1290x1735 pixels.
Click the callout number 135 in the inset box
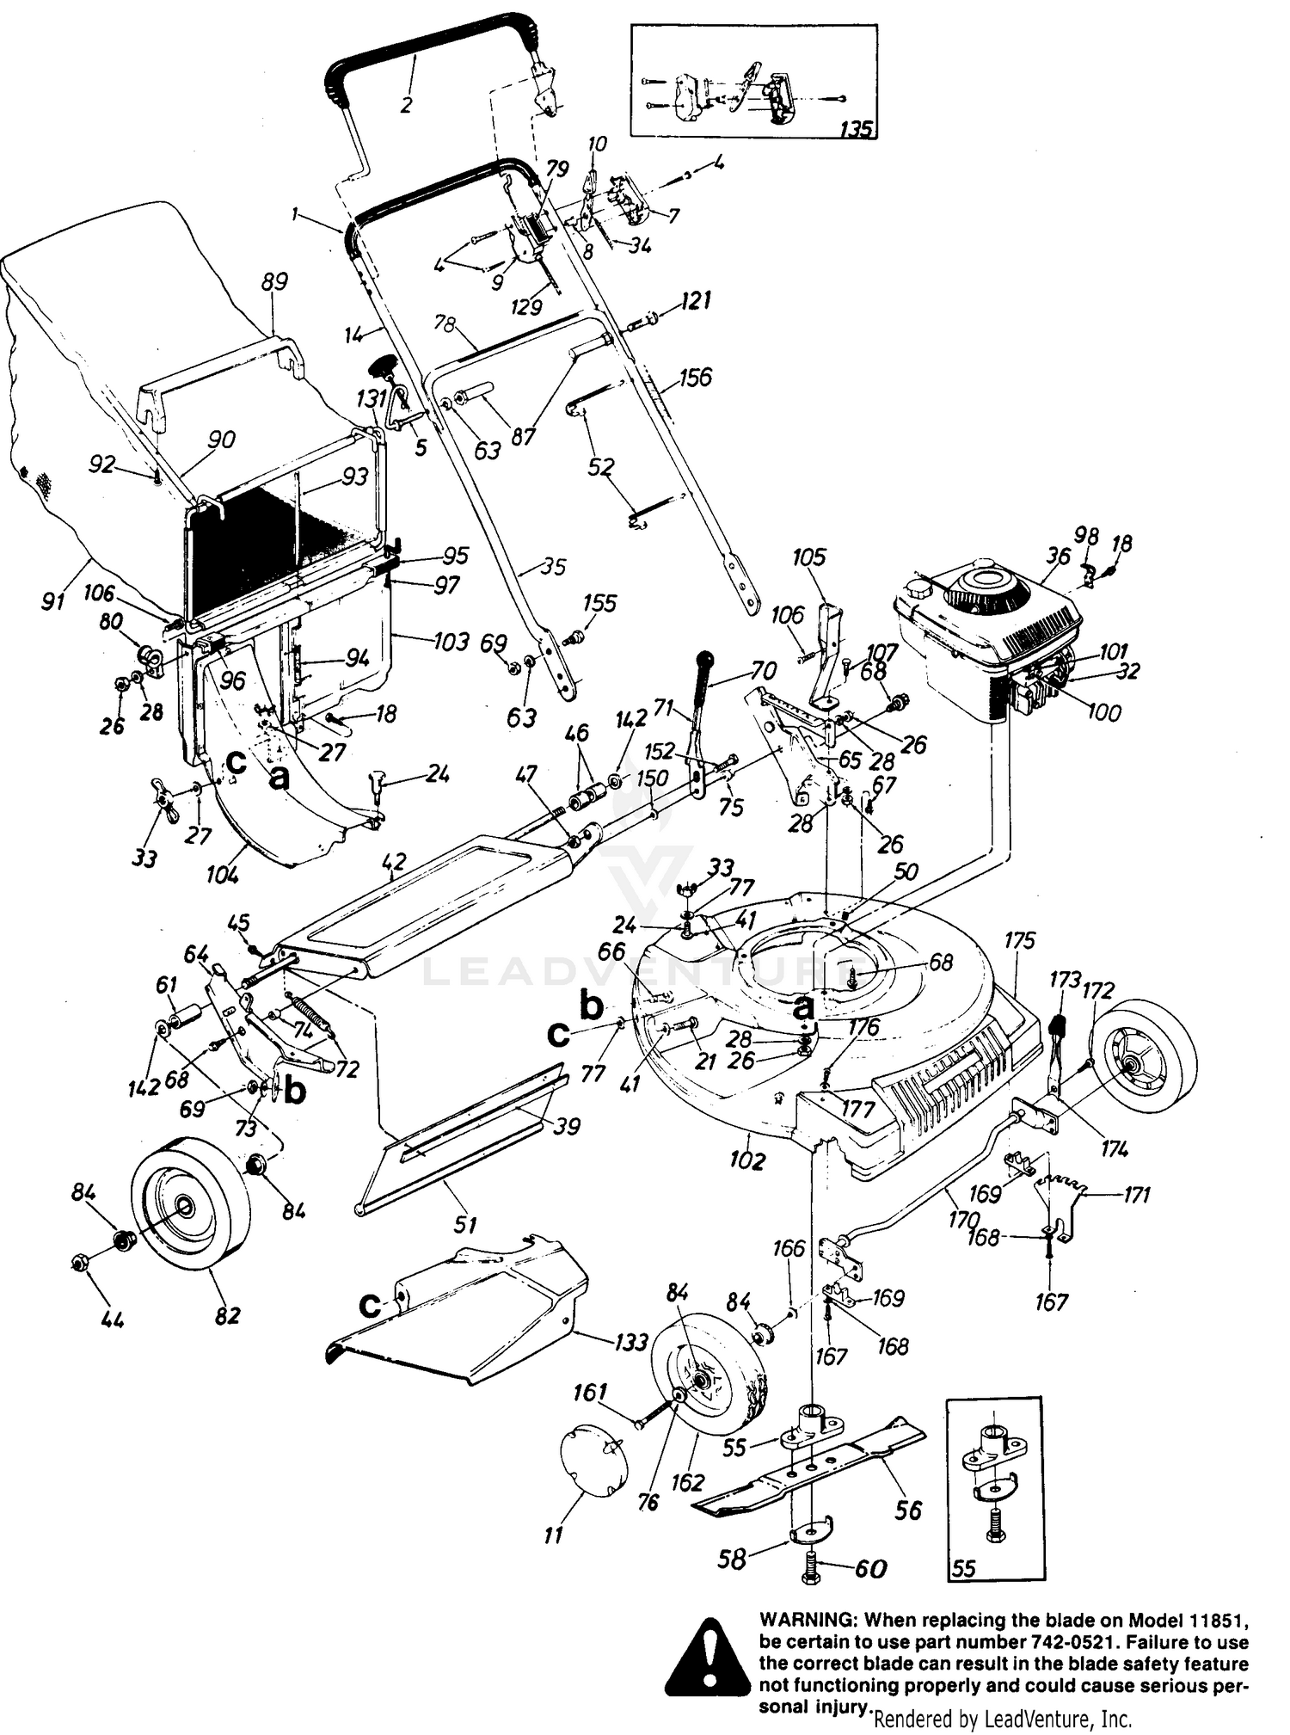point(855,129)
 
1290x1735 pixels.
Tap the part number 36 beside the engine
point(1057,557)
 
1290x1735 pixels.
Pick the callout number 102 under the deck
point(746,1160)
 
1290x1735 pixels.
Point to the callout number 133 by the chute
point(630,1342)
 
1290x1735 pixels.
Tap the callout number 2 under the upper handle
point(406,105)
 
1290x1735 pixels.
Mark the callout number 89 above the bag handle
point(274,282)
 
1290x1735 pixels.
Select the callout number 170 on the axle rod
point(964,1219)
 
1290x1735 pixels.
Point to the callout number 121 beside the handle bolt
point(695,301)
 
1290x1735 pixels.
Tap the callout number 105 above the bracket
point(808,557)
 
